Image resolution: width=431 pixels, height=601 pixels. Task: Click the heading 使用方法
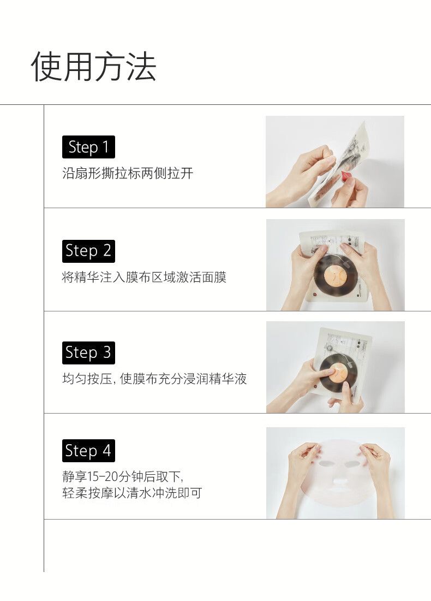[94, 67]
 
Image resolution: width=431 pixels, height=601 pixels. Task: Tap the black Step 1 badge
[88, 147]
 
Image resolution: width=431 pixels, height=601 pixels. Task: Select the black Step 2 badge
[88, 251]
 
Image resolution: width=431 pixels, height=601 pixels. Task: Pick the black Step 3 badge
[88, 352]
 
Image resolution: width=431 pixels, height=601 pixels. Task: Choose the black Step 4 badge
[88, 450]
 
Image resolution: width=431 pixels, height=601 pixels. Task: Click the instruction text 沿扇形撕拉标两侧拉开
[128, 173]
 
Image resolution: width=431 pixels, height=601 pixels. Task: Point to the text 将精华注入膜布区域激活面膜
[145, 277]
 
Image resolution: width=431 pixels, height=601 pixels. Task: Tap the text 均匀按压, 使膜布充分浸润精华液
[154, 379]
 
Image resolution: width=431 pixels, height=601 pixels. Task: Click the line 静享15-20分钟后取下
[123, 476]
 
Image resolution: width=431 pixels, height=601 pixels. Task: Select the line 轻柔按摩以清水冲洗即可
[132, 492]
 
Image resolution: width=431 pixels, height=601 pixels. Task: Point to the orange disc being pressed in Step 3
[336, 372]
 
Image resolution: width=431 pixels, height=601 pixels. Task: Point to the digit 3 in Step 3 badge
[106, 352]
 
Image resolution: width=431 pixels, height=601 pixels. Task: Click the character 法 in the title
[141, 67]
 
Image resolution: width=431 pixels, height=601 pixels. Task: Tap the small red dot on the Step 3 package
[315, 387]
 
